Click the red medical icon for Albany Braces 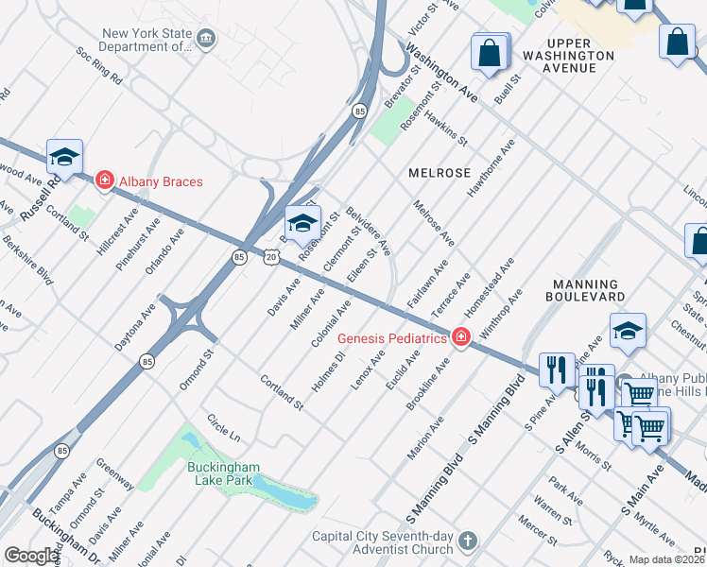click(x=104, y=180)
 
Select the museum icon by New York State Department click(x=206, y=38)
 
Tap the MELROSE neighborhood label click(x=440, y=173)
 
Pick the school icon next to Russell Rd click(x=64, y=156)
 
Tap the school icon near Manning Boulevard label click(x=628, y=331)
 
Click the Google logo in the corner click(x=30, y=556)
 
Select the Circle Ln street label click(x=224, y=428)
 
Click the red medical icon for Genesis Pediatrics click(x=460, y=336)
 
